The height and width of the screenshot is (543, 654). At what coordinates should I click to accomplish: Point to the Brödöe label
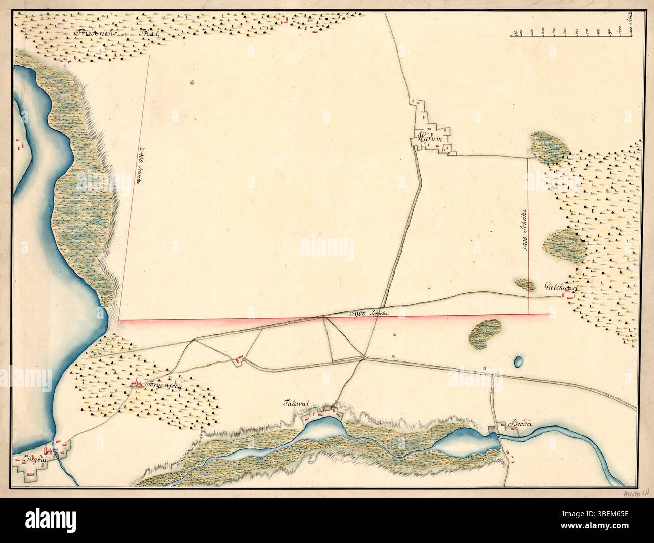520,425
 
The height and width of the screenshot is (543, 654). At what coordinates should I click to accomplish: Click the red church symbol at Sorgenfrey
135,384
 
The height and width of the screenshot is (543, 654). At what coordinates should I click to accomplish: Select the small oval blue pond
518,361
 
